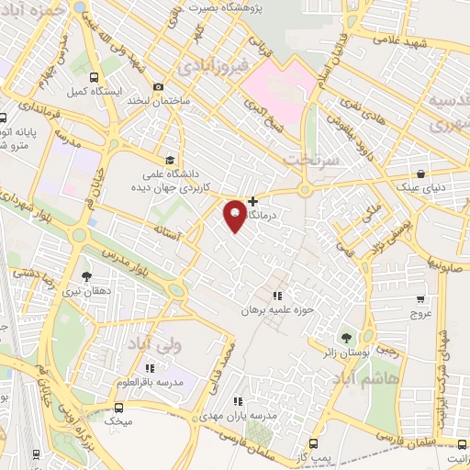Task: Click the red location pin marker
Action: (235, 215)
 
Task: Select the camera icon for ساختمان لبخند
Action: (158, 86)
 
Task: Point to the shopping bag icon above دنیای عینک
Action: (420, 173)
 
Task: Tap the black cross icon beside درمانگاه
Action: (253, 200)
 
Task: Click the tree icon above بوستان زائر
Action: (345, 338)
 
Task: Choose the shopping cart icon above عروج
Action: (420, 297)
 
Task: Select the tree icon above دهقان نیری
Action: (85, 274)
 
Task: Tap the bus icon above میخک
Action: (117, 407)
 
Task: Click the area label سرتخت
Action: (312, 159)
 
